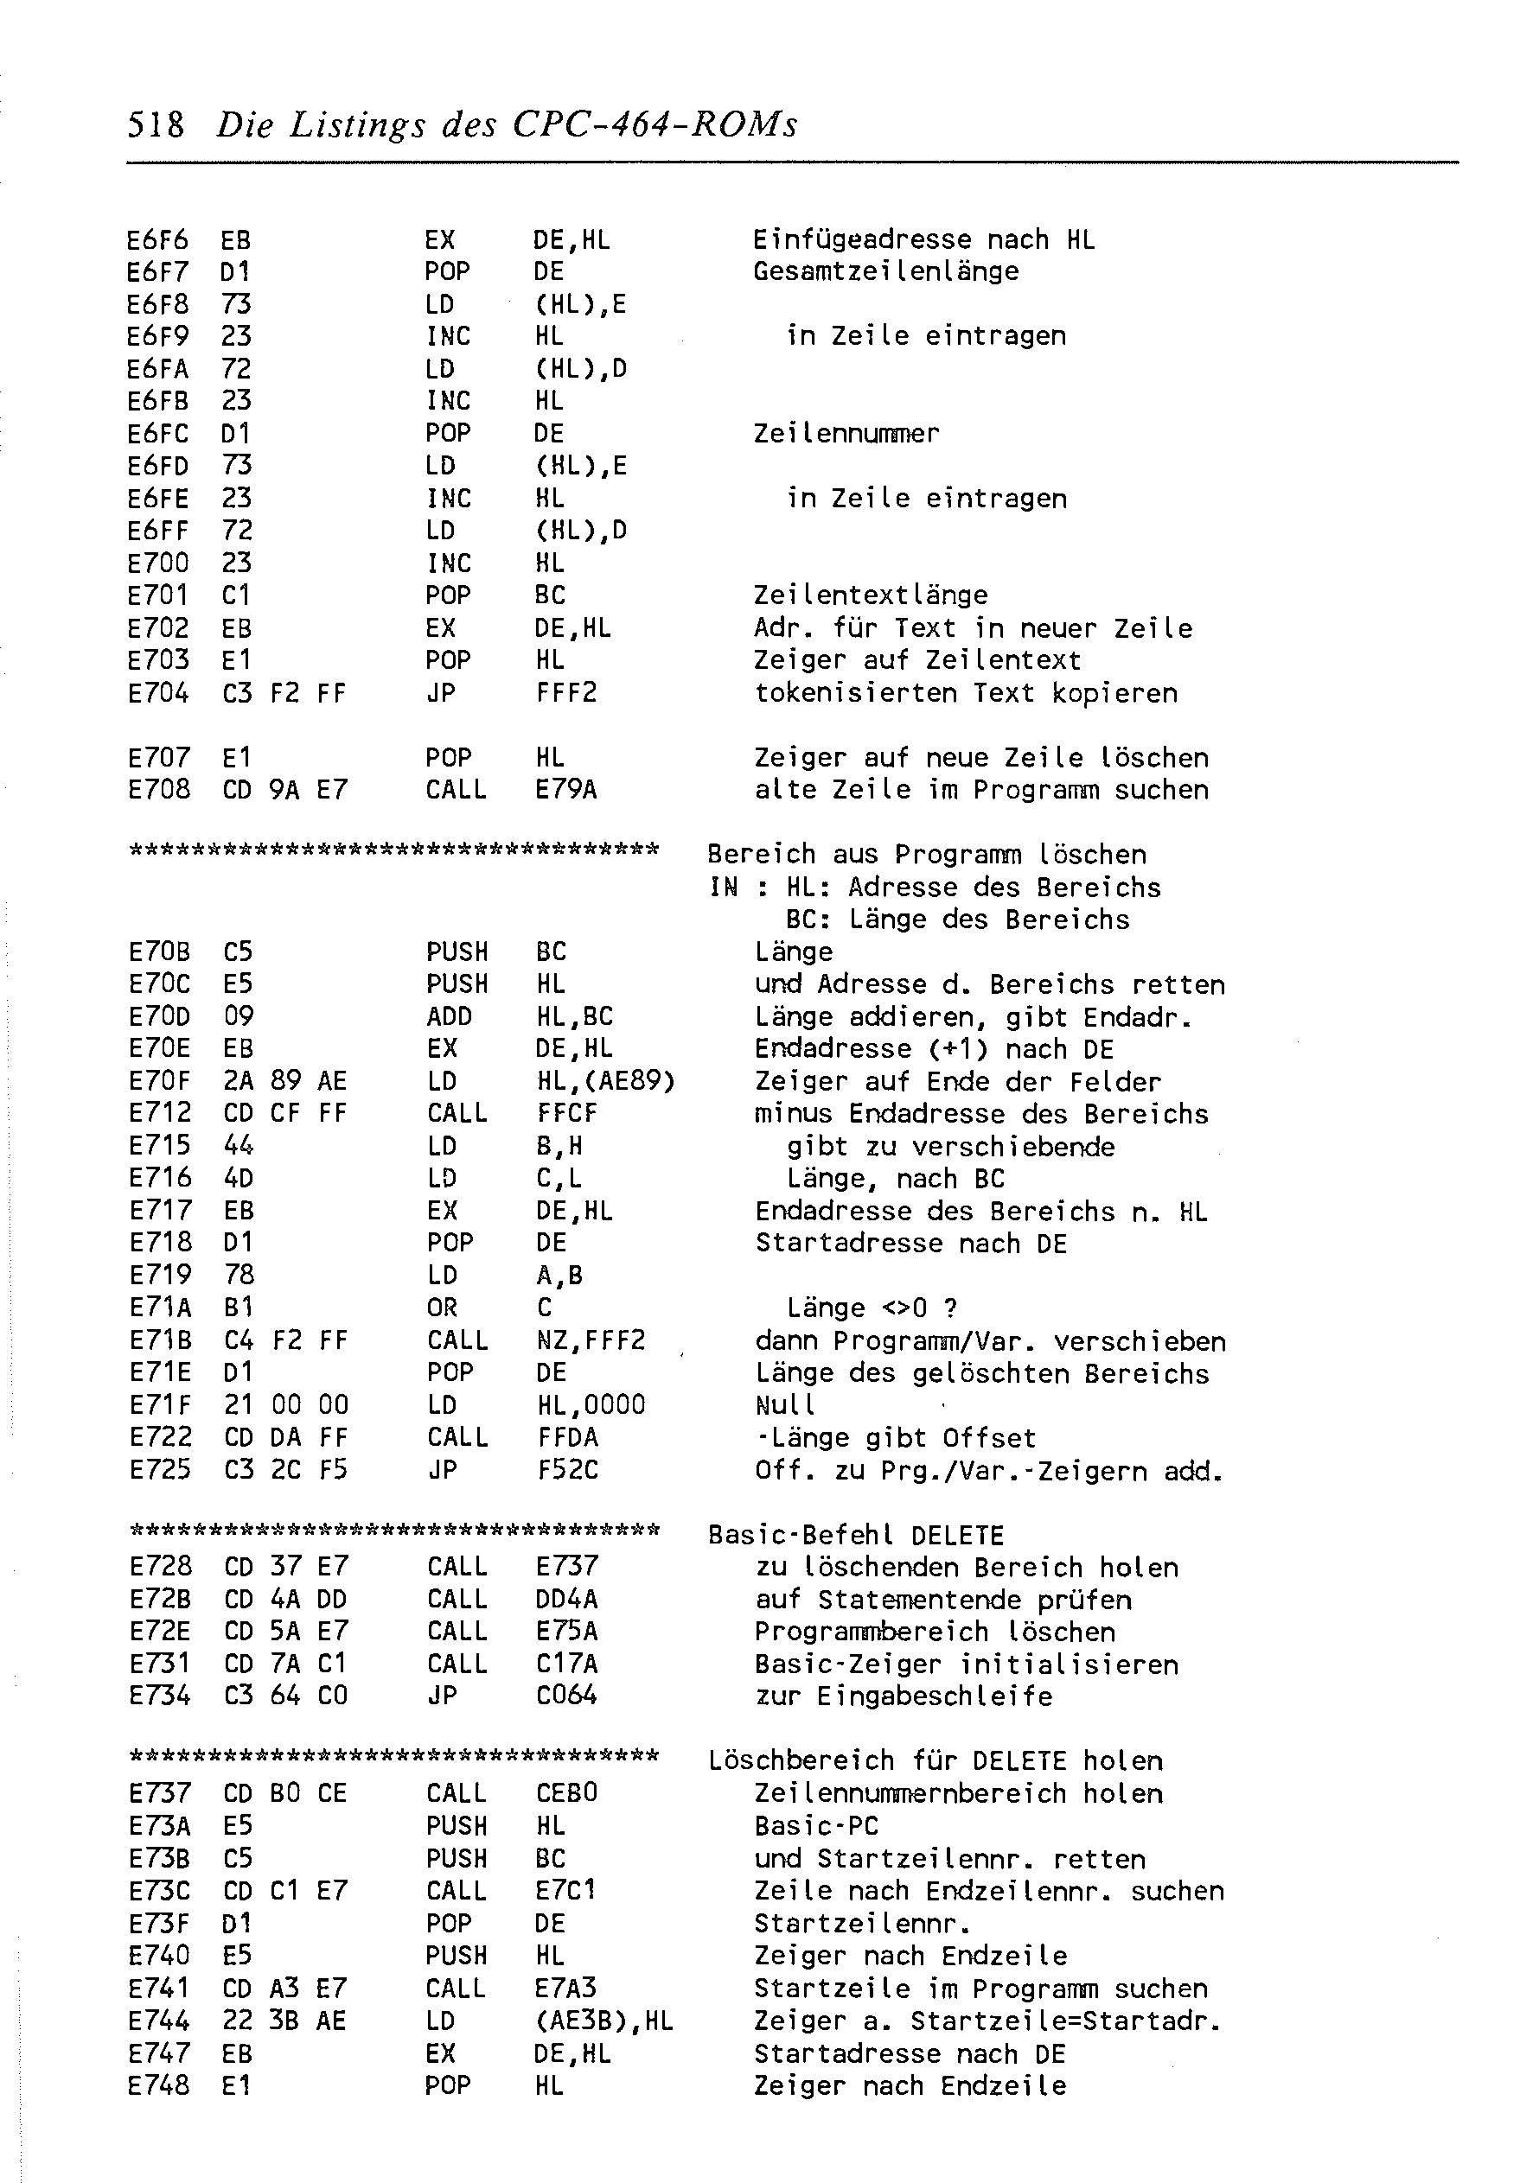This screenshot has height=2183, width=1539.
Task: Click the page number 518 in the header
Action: point(155,124)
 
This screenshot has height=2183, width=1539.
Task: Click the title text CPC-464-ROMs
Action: point(655,124)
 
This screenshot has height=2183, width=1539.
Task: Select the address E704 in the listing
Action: point(158,693)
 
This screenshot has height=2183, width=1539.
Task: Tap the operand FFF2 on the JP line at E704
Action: point(566,693)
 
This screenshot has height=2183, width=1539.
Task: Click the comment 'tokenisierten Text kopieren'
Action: point(966,693)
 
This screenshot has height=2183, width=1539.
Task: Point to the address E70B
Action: point(159,951)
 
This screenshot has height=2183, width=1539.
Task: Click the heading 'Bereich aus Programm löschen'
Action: point(928,854)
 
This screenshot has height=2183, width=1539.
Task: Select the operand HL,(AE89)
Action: point(605,1081)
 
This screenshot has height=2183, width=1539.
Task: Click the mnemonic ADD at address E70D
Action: point(449,1016)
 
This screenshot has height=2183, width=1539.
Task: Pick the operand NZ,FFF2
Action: point(591,1340)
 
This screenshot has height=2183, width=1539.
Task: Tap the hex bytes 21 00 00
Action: point(286,1405)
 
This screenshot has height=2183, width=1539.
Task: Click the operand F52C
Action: point(567,1470)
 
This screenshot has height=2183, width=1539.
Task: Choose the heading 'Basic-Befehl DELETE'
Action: point(856,1536)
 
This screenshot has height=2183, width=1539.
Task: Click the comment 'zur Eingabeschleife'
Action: point(904,1696)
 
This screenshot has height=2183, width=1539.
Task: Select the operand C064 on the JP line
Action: point(566,1696)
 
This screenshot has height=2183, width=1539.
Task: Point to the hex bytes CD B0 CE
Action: point(285,1793)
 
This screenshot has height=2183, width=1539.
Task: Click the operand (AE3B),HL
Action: point(604,2021)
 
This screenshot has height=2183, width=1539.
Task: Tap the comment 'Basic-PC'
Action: point(816,1826)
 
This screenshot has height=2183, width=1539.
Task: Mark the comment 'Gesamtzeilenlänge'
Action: point(885,272)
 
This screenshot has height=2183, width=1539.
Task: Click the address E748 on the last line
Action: point(158,2086)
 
